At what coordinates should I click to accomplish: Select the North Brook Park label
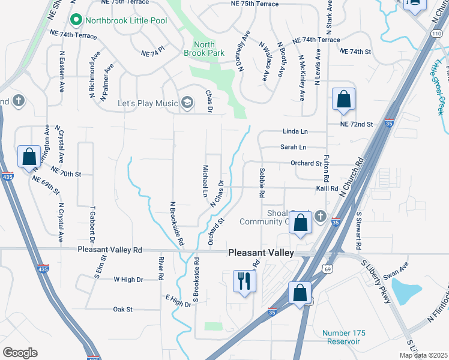(x=205, y=49)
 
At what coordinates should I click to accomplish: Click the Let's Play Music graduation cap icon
(x=188, y=103)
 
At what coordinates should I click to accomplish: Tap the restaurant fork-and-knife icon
(x=244, y=281)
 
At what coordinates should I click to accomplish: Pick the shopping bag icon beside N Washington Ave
(x=29, y=157)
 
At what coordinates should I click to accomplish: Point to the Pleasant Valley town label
(x=261, y=253)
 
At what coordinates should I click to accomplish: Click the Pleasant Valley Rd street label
(x=110, y=249)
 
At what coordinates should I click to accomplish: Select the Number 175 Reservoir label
(x=341, y=337)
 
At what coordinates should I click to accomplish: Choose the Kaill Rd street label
(x=328, y=188)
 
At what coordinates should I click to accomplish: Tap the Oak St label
(x=122, y=310)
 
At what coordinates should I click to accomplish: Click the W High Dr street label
(x=128, y=280)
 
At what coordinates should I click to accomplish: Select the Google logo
(x=20, y=353)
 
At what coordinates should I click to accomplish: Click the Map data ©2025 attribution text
(x=423, y=355)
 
